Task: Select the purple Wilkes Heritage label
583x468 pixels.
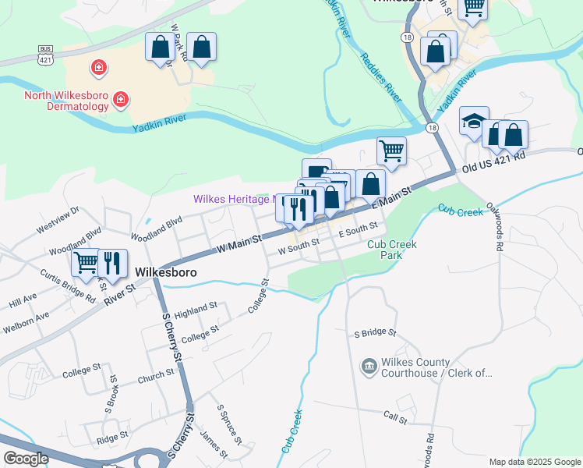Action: (231, 200)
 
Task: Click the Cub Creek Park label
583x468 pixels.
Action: (391, 250)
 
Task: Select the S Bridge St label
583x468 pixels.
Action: (375, 333)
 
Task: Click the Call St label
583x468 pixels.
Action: (395, 418)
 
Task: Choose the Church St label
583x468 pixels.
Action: (156, 377)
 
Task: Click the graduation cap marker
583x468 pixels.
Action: (474, 121)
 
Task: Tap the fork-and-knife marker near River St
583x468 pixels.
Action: (113, 264)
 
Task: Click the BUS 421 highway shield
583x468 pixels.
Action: (46, 54)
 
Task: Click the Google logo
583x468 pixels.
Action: (26, 459)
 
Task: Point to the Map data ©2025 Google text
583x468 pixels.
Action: (534, 462)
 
